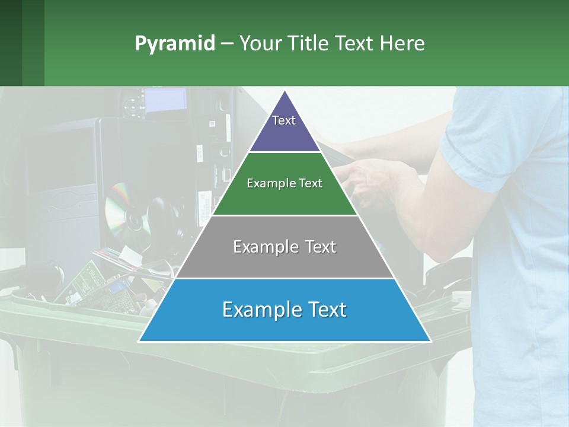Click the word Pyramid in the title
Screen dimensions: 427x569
[x=175, y=44]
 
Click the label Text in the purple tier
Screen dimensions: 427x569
[x=283, y=120]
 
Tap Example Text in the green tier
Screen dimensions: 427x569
[x=284, y=183]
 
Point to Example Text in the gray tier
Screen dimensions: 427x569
[x=284, y=247]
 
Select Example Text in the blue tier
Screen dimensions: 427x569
[x=284, y=310]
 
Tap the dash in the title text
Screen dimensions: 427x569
[x=226, y=44]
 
